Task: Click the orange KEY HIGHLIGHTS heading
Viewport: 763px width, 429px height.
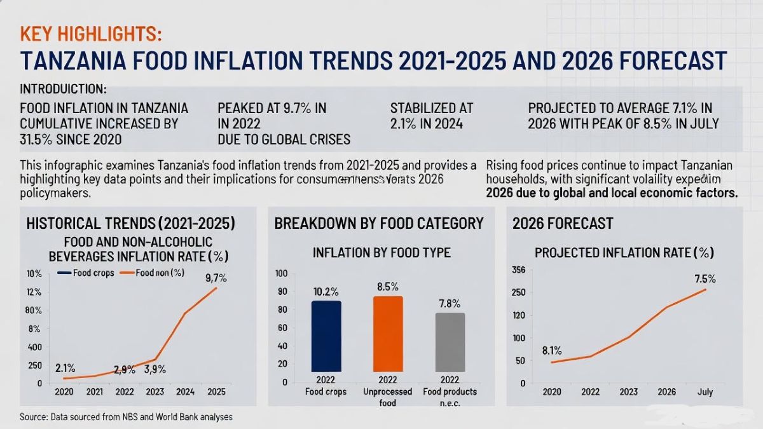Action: pyautogui.click(x=91, y=33)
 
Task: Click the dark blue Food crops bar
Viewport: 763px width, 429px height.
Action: pyautogui.click(x=326, y=336)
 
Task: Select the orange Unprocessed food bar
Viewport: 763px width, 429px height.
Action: pyautogui.click(x=388, y=334)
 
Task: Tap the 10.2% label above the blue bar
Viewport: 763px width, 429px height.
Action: pyautogui.click(x=326, y=292)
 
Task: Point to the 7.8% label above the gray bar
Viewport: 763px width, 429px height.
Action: pyautogui.click(x=450, y=303)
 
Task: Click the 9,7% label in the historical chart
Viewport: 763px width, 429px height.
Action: pyautogui.click(x=216, y=278)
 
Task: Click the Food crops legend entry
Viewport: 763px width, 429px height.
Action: pyautogui.click(x=85, y=273)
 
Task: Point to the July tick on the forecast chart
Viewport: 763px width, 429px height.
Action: pyautogui.click(x=705, y=392)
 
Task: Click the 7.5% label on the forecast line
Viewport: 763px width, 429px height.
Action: pyautogui.click(x=705, y=278)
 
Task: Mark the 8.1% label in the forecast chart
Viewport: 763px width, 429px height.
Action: pyautogui.click(x=552, y=350)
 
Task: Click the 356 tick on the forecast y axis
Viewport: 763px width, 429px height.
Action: pyautogui.click(x=518, y=270)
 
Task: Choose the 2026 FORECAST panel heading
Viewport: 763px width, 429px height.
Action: pyautogui.click(x=563, y=223)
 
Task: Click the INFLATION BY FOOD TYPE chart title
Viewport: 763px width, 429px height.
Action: pyautogui.click(x=381, y=252)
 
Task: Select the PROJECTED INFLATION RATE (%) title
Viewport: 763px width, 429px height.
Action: pyautogui.click(x=624, y=252)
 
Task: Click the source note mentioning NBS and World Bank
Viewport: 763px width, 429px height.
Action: pyautogui.click(x=126, y=417)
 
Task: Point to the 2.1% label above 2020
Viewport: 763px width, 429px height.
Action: pyautogui.click(x=65, y=368)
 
